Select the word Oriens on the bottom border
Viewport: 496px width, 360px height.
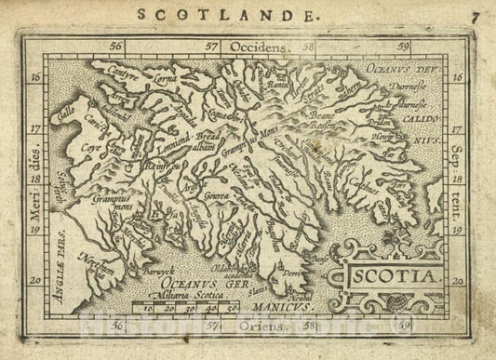click(x=258, y=328)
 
